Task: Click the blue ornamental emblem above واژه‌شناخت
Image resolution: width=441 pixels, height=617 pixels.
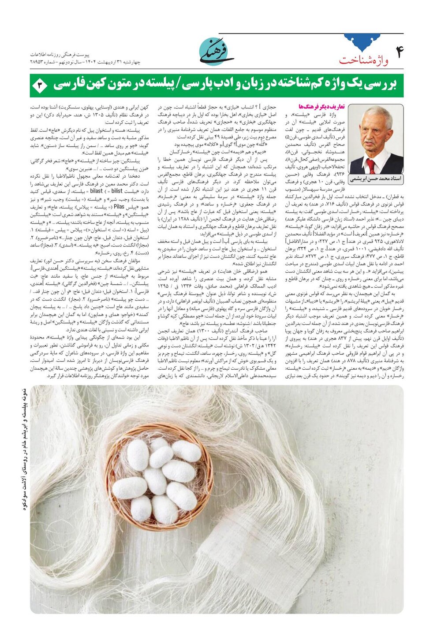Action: [x=362, y=42]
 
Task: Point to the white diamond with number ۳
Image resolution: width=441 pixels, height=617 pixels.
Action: [x=40, y=85]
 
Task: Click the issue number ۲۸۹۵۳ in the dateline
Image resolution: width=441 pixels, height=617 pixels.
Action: [x=38, y=62]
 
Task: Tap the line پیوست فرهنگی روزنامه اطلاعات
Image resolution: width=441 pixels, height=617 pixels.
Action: [x=60, y=54]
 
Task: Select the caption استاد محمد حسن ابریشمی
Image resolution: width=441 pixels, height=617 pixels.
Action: [x=376, y=179]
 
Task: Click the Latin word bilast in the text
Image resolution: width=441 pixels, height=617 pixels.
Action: [x=97, y=191]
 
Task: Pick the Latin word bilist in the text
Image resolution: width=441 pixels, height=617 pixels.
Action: [x=117, y=191]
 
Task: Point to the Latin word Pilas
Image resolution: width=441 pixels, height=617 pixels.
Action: [x=119, y=206]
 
